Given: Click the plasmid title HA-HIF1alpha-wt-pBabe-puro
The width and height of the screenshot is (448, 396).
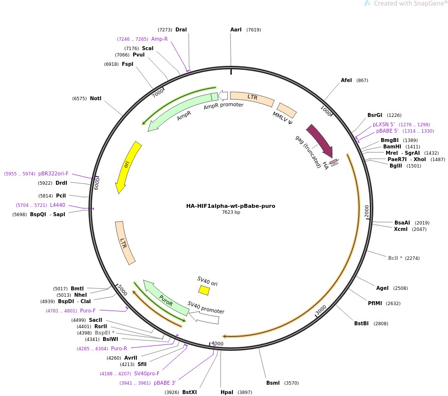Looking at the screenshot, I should [230, 206].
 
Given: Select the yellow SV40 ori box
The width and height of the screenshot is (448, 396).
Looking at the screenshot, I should [203, 290].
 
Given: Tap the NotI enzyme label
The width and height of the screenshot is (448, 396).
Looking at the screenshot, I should [95, 98].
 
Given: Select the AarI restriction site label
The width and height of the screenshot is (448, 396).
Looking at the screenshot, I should [236, 30].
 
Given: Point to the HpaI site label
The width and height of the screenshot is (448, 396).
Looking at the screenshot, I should [227, 392].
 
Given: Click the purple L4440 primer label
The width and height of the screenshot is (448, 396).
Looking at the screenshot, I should [57, 205].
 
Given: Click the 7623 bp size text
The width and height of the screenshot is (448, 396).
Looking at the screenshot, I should [231, 212].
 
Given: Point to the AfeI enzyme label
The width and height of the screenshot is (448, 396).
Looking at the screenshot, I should [346, 80].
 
